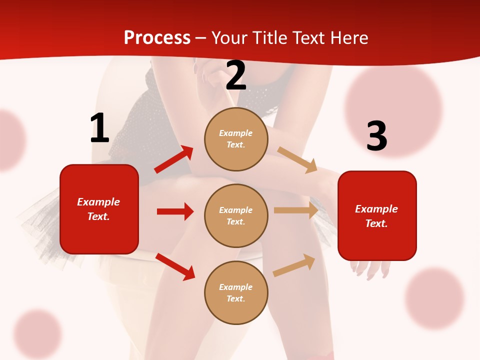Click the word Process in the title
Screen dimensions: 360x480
click(x=157, y=37)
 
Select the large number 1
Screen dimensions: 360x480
click(x=99, y=128)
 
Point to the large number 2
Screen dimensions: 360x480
click(x=236, y=75)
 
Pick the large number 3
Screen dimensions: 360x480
click(x=376, y=136)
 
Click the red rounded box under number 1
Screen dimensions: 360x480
click(x=99, y=209)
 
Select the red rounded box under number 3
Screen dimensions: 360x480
click(x=377, y=215)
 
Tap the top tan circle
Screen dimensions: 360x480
click(x=236, y=139)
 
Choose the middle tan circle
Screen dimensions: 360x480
click(x=236, y=215)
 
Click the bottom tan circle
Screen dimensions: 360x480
click(x=236, y=292)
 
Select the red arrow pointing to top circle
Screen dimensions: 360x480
click(x=173, y=159)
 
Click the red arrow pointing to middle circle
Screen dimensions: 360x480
click(x=175, y=211)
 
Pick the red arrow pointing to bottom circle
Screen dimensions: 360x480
click(x=175, y=266)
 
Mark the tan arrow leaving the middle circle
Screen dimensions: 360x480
click(x=296, y=210)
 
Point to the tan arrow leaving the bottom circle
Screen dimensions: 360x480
click(x=294, y=265)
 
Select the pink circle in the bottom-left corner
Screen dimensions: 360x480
click(x=37, y=333)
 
